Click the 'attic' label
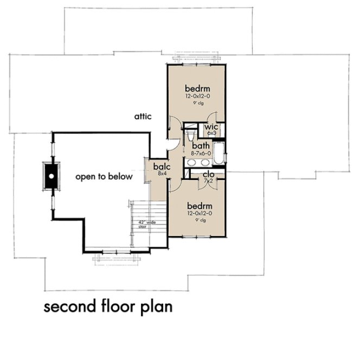coord(143,117)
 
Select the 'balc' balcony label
coord(161,167)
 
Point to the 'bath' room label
coord(200,146)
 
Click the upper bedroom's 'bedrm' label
coord(197,88)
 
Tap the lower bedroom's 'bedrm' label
coord(199,206)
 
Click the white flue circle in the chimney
coord(50,176)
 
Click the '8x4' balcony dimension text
coord(161,174)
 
